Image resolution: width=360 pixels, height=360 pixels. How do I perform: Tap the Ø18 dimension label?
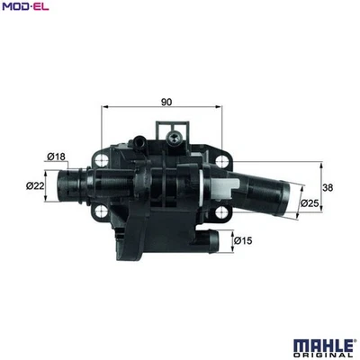pyautogui.click(x=57, y=157)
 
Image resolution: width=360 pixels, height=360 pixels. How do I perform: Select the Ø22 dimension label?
pyautogui.click(x=36, y=185)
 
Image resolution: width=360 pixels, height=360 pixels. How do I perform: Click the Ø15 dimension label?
pyautogui.click(x=241, y=239)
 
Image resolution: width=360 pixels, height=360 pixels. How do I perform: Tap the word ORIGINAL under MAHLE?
pyautogui.click(x=323, y=355)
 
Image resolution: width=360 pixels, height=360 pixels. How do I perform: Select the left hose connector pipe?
pyautogui.click(x=76, y=186)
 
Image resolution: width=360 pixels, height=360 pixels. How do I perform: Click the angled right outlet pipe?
pyautogui.click(x=265, y=189)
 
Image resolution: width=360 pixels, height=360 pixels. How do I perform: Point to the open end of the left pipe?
pyautogui.click(x=59, y=186)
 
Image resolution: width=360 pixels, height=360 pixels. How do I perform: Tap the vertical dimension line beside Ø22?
pyautogui.click(x=49, y=185)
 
